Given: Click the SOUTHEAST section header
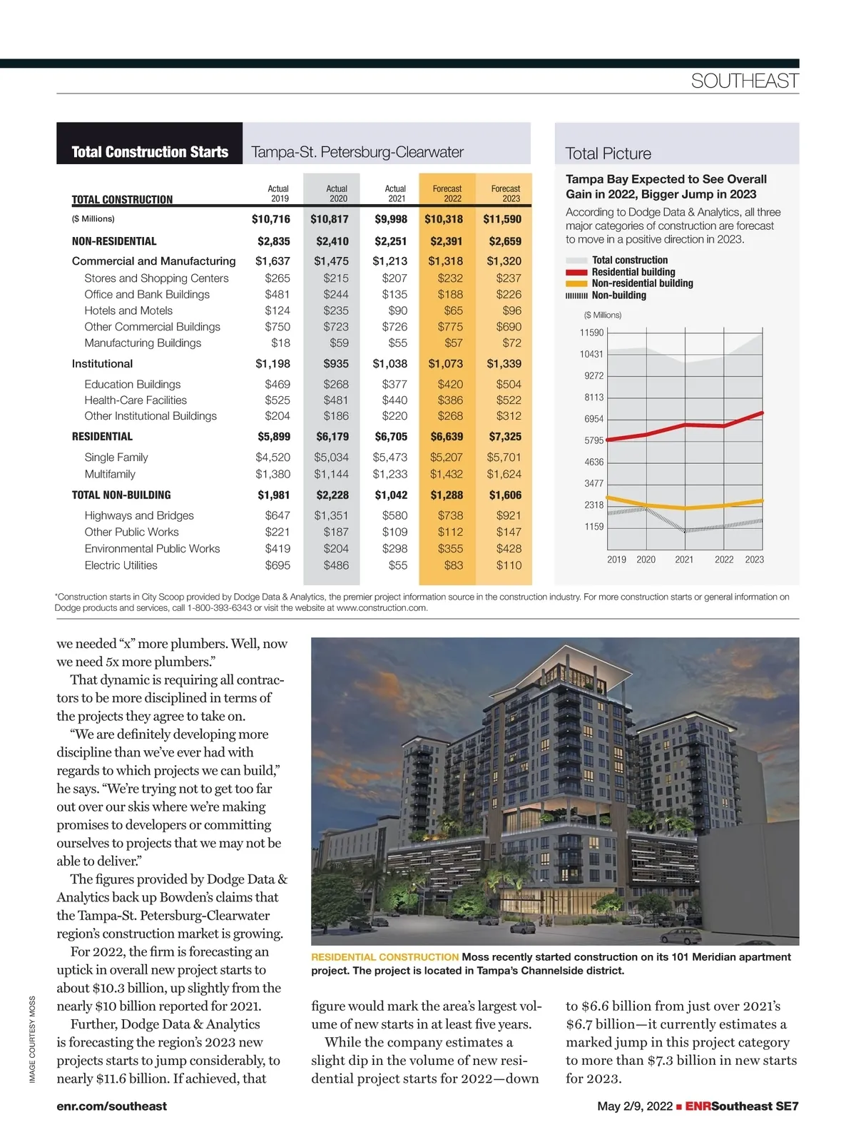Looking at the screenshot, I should pyautogui.click(x=744, y=81).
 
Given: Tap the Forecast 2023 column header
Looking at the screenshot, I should pyautogui.click(x=505, y=193).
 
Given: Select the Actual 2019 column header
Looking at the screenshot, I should pyautogui.click(x=278, y=193).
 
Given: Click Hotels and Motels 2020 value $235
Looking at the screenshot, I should pyautogui.click(x=336, y=310).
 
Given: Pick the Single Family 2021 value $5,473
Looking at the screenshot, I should pyautogui.click(x=390, y=458).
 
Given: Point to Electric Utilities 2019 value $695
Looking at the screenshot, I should pyautogui.click(x=277, y=565).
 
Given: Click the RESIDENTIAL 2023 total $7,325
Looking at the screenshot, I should pyautogui.click(x=505, y=437).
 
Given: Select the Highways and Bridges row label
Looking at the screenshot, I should pyautogui.click(x=139, y=515).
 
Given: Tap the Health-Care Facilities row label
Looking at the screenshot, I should pyautogui.click(x=136, y=400).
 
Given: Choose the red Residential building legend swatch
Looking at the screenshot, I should pyautogui.click(x=576, y=272).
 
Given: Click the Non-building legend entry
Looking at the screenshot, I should pyautogui.click(x=618, y=295).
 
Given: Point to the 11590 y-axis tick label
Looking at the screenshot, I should pyautogui.click(x=591, y=333).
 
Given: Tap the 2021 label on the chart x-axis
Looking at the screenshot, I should pyautogui.click(x=684, y=560).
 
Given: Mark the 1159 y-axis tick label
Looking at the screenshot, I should pyautogui.click(x=593, y=527).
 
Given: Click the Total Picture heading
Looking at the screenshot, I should pyautogui.click(x=608, y=153).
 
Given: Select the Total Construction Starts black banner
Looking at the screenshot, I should pyautogui.click(x=150, y=152).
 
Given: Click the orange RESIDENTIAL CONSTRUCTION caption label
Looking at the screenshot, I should pyautogui.click(x=384, y=957).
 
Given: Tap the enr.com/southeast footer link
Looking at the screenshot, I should pyautogui.click(x=111, y=1106).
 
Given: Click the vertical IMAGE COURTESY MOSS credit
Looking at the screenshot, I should pyautogui.click(x=32, y=1039).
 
